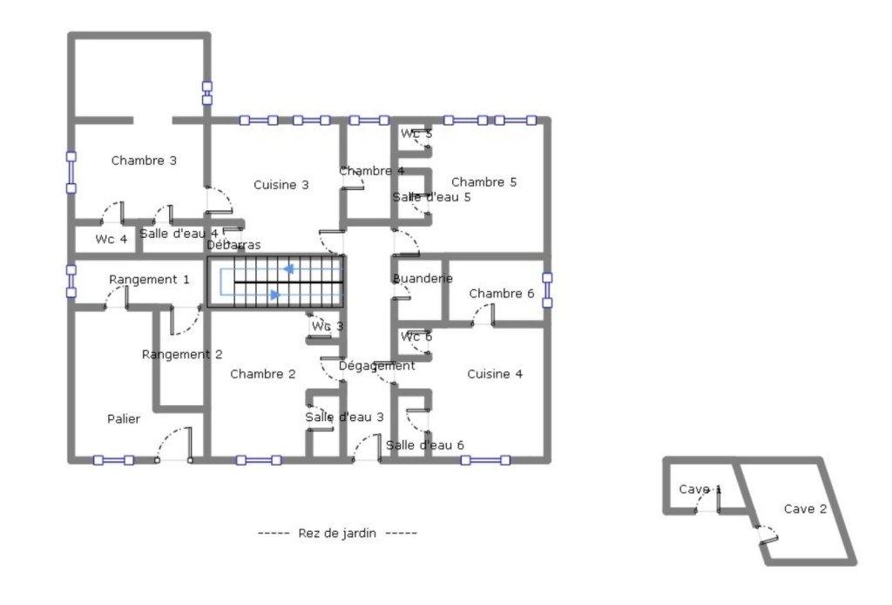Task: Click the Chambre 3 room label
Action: tap(144, 160)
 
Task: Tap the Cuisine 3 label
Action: tap(281, 185)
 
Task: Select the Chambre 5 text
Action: tap(484, 182)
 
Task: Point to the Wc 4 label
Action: tap(111, 239)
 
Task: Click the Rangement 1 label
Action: tap(149, 280)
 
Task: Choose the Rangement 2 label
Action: tap(182, 355)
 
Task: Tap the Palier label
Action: tap(124, 419)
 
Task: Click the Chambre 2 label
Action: tap(263, 374)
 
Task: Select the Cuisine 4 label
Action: tap(495, 374)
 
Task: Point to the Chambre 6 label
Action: tap(502, 294)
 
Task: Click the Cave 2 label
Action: tap(805, 509)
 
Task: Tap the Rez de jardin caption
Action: tap(337, 534)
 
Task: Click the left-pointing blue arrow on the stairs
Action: tap(289, 269)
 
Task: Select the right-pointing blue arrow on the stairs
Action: tap(275, 295)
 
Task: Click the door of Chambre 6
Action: tap(483, 315)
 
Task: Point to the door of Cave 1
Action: tap(708, 501)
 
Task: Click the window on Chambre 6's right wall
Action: tap(547, 290)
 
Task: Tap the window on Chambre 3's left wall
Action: tap(71, 173)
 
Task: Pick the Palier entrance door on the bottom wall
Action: tap(174, 445)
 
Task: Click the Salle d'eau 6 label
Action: tap(425, 445)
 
